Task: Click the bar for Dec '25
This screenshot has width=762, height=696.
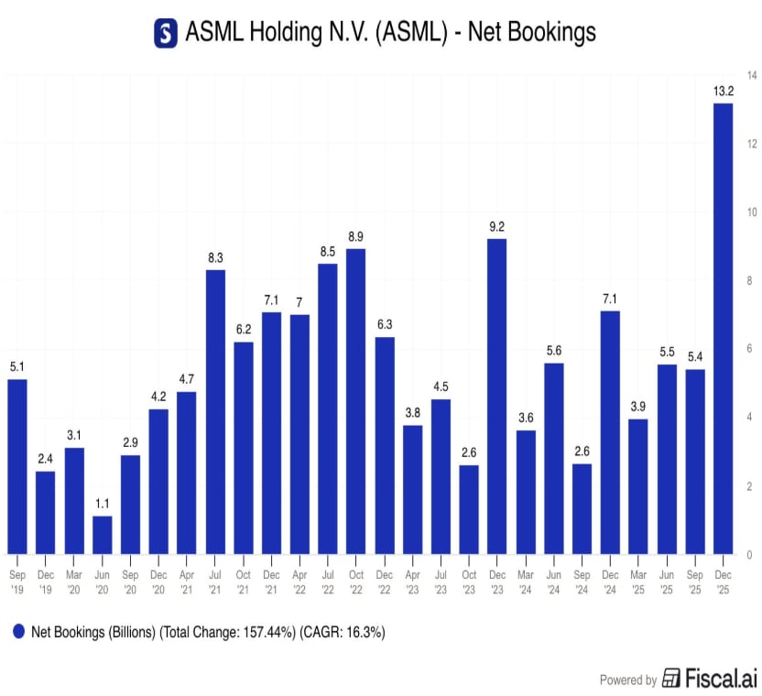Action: (723, 329)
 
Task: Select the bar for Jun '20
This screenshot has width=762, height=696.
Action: (102, 535)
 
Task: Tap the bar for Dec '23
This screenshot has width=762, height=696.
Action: (496, 397)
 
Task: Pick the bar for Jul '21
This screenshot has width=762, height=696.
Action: (215, 412)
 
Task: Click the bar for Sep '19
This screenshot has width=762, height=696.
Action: (17, 466)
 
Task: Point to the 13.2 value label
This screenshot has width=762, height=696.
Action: (724, 91)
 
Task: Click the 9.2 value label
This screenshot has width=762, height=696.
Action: (496, 226)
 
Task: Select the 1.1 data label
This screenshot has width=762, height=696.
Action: (102, 504)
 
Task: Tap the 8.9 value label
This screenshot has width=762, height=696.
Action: (355, 236)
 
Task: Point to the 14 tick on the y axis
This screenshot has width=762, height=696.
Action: (752, 75)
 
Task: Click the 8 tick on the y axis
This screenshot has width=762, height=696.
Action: (749, 280)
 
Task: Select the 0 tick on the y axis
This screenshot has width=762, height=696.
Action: (749, 555)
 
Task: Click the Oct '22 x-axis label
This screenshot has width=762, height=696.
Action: (355, 582)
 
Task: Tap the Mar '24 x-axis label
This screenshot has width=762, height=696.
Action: (526, 582)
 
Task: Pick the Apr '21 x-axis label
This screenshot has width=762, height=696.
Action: (187, 582)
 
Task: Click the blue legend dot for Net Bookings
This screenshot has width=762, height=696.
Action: (18, 631)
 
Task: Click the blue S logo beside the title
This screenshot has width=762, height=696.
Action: (166, 33)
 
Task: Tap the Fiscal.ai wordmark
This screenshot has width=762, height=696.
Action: (721, 678)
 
